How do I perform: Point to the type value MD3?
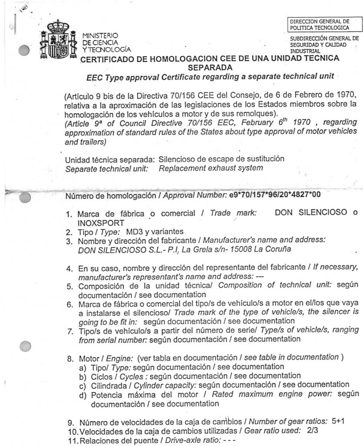pyautogui.click(x=133, y=231)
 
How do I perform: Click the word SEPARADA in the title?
pyautogui.click(x=210, y=68)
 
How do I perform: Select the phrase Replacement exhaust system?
pyautogui.click(x=210, y=168)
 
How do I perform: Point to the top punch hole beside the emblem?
pyautogui.click(x=24, y=51)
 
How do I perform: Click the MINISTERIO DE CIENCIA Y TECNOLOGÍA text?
pyautogui.click(x=106, y=42)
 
